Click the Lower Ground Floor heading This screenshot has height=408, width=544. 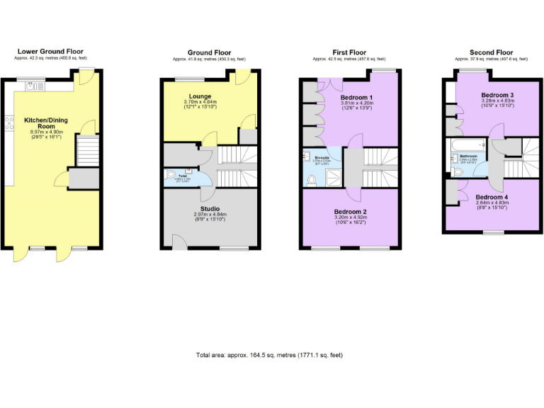coord(50,52)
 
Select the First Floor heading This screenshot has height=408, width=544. coord(349,52)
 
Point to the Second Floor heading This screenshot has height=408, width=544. coord(491,52)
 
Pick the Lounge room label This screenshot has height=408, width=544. coord(200,96)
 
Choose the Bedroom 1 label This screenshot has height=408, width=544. coord(356,96)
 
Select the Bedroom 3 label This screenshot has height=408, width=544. coord(497,95)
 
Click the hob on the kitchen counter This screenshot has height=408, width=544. coord(9,125)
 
